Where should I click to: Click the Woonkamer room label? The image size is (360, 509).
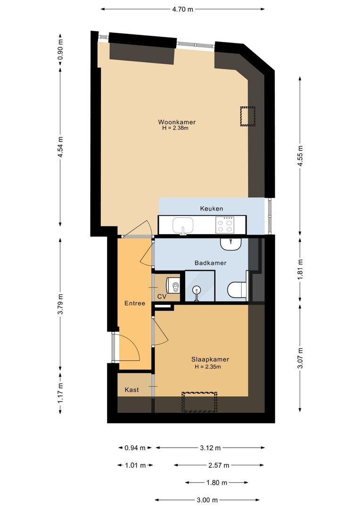(x=177, y=122)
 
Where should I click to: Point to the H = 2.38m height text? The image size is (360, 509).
(x=175, y=128)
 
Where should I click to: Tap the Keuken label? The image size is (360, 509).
(x=211, y=208)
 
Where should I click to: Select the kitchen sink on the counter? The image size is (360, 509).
(x=183, y=225)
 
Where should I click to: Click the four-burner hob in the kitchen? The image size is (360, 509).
(x=225, y=224)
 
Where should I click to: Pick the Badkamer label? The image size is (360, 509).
(x=211, y=263)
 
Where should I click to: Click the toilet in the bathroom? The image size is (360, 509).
(x=237, y=290)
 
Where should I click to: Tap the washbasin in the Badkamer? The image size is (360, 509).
(x=230, y=244)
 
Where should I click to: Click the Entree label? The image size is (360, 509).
(x=134, y=303)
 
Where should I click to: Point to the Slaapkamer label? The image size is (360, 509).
(x=210, y=359)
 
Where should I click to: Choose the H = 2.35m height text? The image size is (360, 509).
(x=208, y=367)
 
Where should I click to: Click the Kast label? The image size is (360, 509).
(x=131, y=390)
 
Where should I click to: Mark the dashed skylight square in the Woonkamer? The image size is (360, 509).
(x=247, y=116)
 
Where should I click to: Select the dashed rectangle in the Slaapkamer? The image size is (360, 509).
(x=199, y=402)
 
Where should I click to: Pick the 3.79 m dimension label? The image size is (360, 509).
(x=60, y=304)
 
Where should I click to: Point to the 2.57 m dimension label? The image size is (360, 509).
(x=219, y=466)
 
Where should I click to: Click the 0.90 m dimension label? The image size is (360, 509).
(x=60, y=49)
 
